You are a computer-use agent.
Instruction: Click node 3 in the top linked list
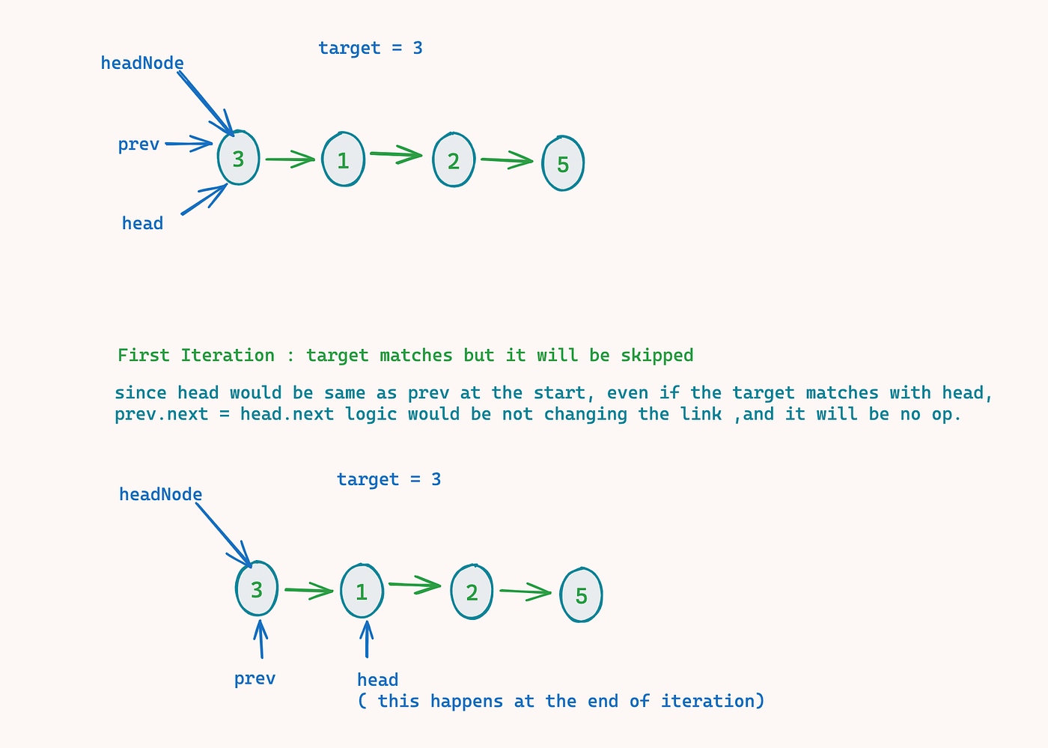238,158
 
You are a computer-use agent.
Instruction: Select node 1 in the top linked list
344,159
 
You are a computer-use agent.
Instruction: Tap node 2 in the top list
454,159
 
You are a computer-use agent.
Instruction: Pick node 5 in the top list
563,163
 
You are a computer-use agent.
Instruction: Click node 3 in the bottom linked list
257,589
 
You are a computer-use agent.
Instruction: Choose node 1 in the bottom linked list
362,592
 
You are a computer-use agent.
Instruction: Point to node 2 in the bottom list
472,592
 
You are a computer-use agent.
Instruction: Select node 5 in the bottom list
581,595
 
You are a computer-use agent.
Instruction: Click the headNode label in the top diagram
142,63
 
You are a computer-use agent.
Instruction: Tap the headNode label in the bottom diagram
160,494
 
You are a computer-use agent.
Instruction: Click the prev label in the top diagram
138,144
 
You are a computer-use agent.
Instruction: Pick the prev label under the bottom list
255,678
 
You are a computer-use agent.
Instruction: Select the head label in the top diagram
142,223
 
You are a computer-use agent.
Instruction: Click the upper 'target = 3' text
371,48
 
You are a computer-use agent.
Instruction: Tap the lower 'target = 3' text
389,479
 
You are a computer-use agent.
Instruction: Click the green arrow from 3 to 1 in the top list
290,159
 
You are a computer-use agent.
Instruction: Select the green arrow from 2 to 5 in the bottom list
525,592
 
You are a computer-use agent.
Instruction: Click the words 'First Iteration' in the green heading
196,355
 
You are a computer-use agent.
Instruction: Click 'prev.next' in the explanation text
161,414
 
